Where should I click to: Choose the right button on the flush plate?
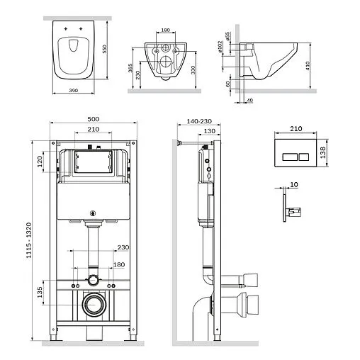pos(301,152)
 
